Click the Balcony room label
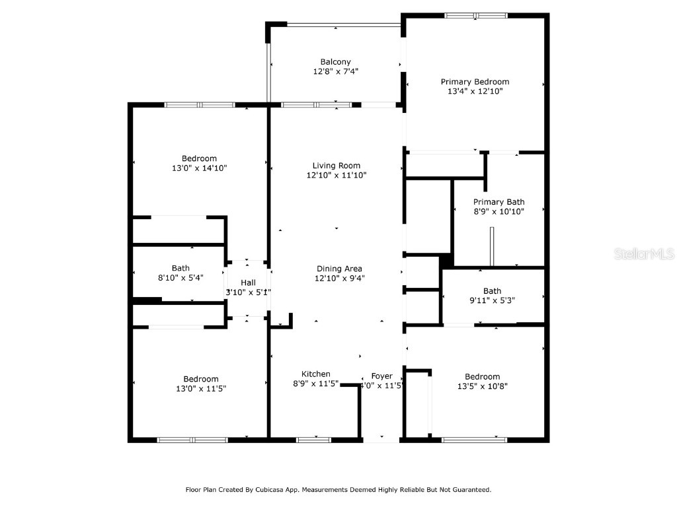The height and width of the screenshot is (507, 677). point(335,62)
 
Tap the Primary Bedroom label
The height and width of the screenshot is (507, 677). point(475,82)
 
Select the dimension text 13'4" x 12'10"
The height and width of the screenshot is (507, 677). point(475,92)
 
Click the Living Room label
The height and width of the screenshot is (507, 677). point(336,166)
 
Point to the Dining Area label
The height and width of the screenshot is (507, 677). point(338,269)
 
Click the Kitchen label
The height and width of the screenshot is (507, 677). point(315,374)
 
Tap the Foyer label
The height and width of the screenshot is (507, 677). point(381,376)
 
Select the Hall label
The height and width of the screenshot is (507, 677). point(248,283)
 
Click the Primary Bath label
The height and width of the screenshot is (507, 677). point(498,202)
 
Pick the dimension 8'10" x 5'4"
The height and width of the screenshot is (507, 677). point(180,278)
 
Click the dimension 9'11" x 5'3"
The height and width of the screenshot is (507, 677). point(492,300)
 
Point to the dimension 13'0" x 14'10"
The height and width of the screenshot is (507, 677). point(199,168)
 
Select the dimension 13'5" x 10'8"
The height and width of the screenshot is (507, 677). point(482,386)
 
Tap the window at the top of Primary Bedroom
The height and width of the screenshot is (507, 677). point(475,15)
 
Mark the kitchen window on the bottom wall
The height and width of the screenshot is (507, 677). point(314,439)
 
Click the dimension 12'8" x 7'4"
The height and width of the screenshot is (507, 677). point(335,71)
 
